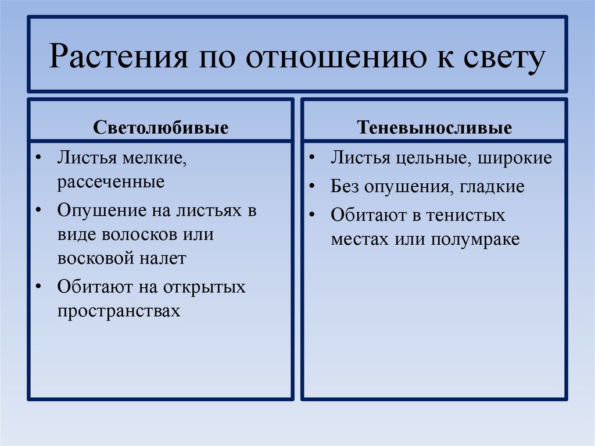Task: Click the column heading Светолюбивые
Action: (x=161, y=128)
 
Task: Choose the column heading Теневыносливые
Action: (x=435, y=128)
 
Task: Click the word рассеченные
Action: (x=110, y=182)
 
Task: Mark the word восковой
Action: (x=96, y=258)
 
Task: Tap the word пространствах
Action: (x=119, y=311)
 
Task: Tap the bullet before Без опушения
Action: (x=313, y=187)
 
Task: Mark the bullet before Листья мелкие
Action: (x=38, y=158)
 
